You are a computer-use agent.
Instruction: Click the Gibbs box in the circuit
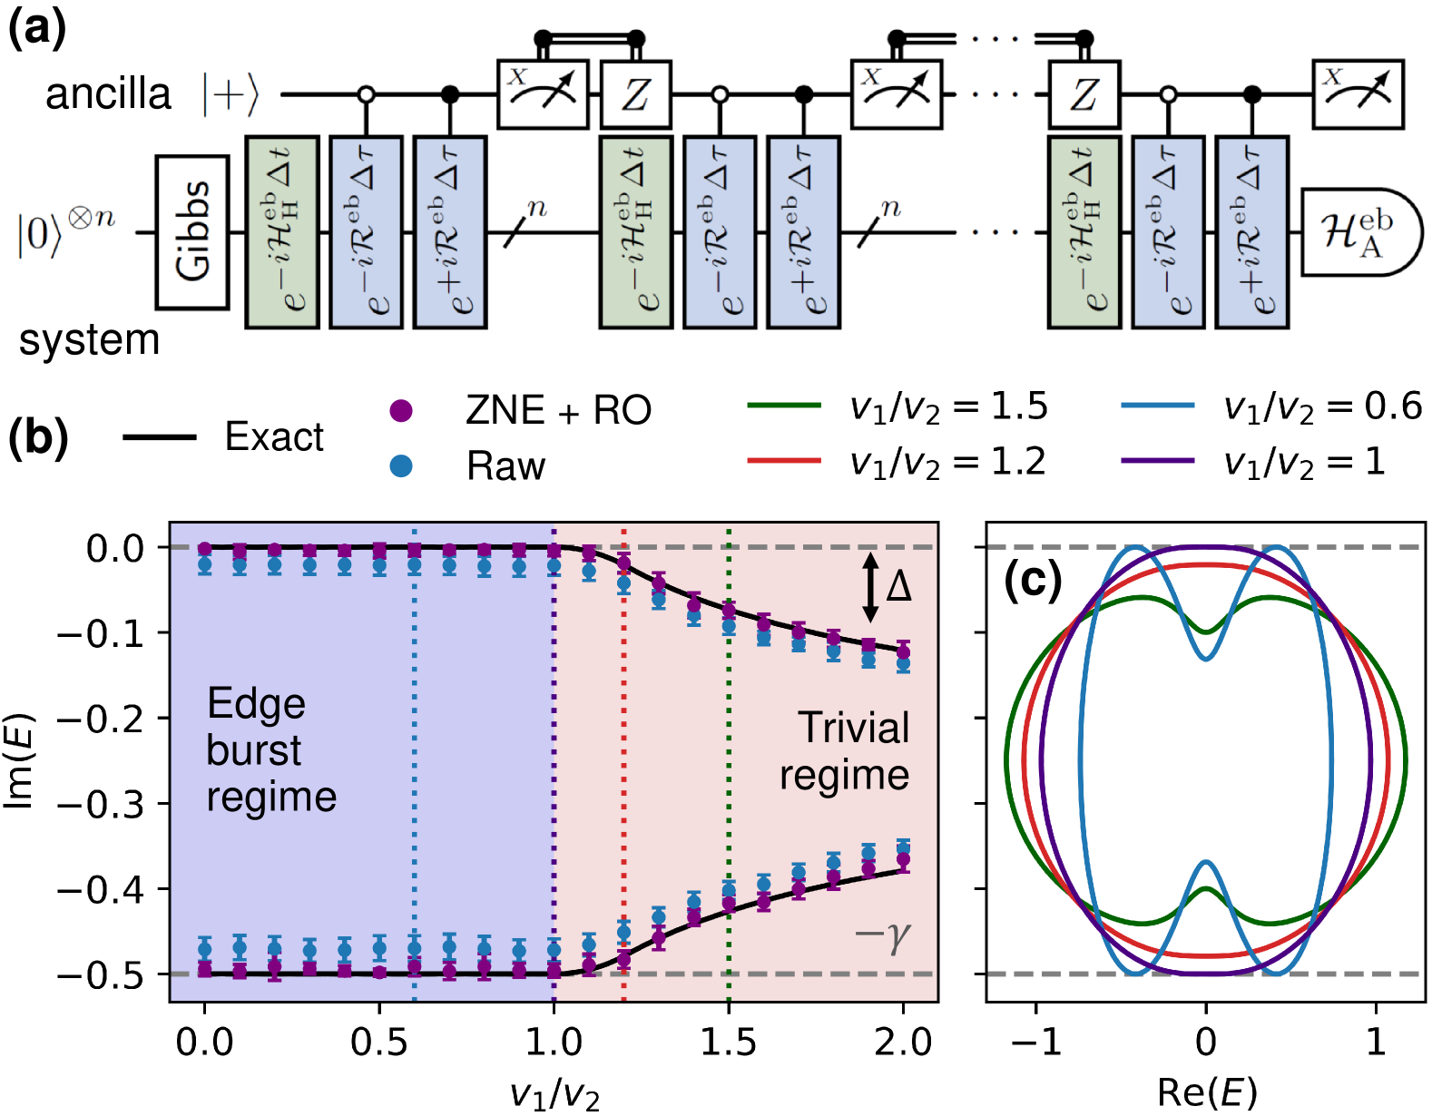191,232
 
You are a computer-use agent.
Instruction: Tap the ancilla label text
108,94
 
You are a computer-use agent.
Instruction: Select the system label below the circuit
89,340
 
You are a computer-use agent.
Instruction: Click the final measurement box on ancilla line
1358,94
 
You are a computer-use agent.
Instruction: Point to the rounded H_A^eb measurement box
1359,232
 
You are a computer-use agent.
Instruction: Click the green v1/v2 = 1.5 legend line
784,406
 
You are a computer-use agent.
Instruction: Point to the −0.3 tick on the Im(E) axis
101,804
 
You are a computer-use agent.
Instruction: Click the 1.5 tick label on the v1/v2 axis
728,1043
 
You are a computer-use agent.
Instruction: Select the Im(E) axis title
20,760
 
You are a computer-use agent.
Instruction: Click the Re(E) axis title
1206,1093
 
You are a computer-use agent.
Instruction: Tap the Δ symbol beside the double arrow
898,586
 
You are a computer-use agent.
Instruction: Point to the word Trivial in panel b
853,728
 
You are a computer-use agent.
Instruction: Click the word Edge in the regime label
256,704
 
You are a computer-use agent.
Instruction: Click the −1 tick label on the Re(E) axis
1035,1043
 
